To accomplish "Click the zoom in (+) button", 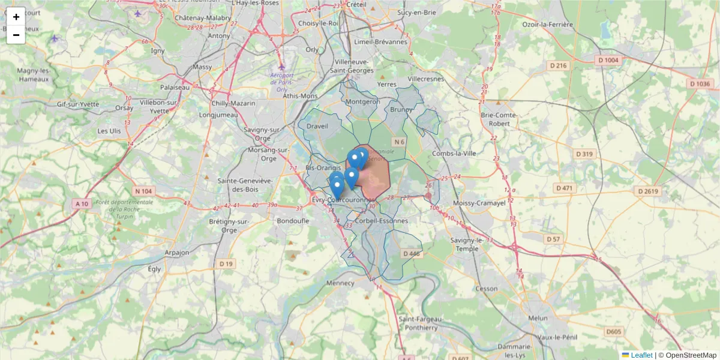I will tap(16, 17).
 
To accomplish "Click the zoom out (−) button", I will tap(16, 35).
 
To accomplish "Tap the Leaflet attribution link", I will tap(641, 355).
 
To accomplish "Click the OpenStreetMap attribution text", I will tap(691, 355).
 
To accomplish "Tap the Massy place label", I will tap(203, 67).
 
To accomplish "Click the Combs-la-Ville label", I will tap(454, 154).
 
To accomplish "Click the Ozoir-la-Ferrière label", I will tap(548, 25).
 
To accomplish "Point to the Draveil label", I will tap(317, 127).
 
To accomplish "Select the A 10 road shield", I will tap(82, 204).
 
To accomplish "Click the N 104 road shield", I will tap(144, 191).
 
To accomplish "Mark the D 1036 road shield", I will tap(700, 84).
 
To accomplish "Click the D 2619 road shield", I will tap(648, 191).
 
